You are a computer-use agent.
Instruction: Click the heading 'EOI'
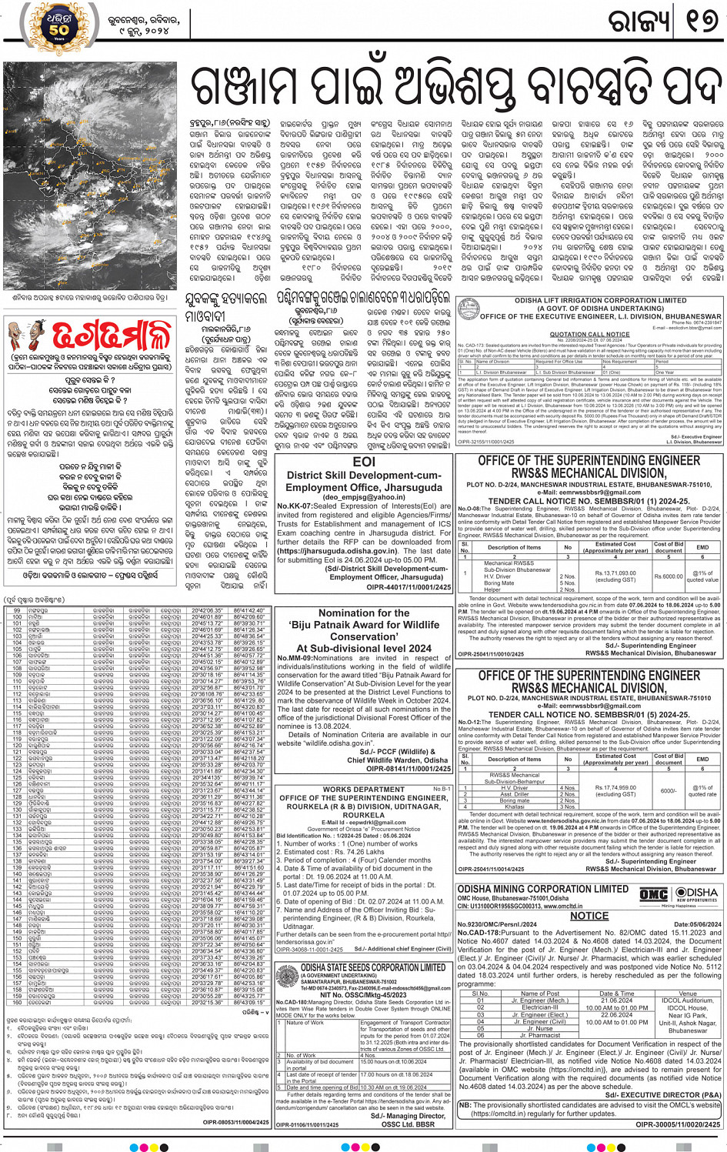[x=364, y=462]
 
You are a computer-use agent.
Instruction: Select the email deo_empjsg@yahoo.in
[x=364, y=497]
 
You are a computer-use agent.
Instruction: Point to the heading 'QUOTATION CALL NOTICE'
[x=589, y=334]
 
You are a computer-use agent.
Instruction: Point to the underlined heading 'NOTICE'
[x=589, y=916]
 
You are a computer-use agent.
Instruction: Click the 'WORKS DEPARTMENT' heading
[x=363, y=790]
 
